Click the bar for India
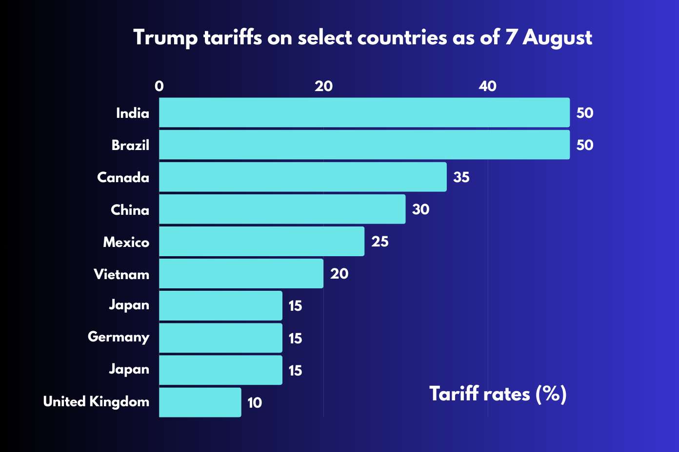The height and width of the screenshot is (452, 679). [364, 113]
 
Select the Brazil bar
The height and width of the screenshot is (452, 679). [364, 145]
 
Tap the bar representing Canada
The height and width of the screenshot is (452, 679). [302, 177]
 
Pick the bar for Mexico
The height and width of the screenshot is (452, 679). [261, 241]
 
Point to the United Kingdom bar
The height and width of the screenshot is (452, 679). [200, 402]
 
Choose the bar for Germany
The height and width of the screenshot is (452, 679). [220, 338]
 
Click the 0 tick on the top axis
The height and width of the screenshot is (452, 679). [159, 86]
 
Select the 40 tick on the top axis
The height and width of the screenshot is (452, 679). [487, 86]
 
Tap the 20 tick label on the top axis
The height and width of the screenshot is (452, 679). [323, 86]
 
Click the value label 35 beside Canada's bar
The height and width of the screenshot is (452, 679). [461, 177]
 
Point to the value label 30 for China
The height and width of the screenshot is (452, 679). [420, 209]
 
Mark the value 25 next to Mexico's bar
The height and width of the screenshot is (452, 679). [379, 242]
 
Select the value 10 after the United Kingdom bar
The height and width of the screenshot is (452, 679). [255, 403]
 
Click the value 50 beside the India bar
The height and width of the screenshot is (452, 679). [584, 113]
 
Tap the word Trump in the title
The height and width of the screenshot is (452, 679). [165, 38]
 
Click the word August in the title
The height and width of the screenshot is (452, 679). [557, 38]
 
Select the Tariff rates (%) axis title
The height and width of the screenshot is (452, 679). [498, 394]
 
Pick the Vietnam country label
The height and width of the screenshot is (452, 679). [121, 274]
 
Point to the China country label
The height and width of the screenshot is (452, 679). [130, 210]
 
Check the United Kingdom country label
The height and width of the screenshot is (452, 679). [96, 402]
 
